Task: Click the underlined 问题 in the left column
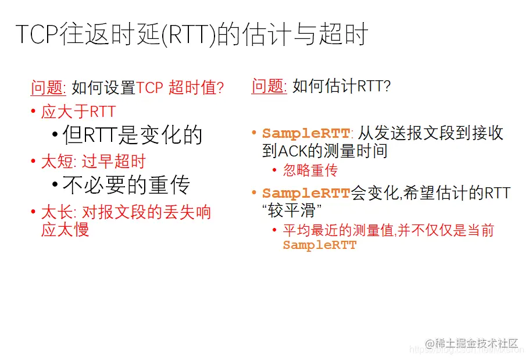48,88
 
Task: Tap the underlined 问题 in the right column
269,86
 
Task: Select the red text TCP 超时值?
180,88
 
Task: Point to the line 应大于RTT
78,112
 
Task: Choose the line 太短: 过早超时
93,162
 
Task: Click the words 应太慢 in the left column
65,229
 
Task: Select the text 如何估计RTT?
341,87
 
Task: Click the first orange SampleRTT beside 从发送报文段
306,134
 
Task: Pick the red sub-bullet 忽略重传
310,170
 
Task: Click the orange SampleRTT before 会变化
306,194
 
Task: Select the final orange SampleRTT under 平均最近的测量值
319,245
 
